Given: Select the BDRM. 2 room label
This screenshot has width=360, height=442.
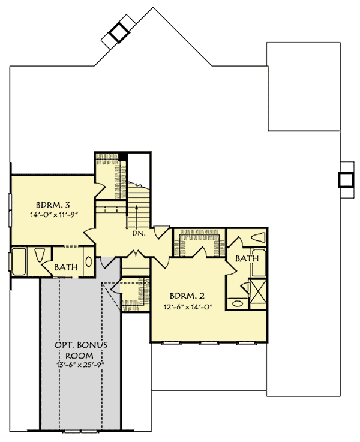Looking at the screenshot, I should coord(187,296).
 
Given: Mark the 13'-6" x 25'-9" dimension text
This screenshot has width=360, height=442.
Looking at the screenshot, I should coord(81,365).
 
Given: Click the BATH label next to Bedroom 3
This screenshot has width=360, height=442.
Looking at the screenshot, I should coord(65,267).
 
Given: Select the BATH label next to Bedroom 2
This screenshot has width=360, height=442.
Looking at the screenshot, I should coord(246,258).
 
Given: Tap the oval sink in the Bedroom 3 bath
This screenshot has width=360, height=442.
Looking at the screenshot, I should coord(89,262).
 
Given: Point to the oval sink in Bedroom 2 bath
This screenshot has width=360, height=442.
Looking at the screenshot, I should coord(237,303).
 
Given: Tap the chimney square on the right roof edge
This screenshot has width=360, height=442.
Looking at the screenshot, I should coord(346,180).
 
